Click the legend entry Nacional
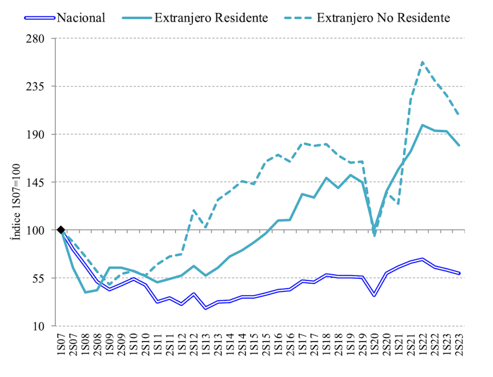point(81,18)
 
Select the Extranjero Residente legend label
point(210,18)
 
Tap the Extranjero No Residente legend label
point(382,18)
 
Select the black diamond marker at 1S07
point(61,230)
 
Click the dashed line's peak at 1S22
point(422,63)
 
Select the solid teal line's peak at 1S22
point(422,125)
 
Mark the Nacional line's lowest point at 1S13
point(206,308)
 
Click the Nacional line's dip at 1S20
point(374,296)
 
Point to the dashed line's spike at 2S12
point(194,210)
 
